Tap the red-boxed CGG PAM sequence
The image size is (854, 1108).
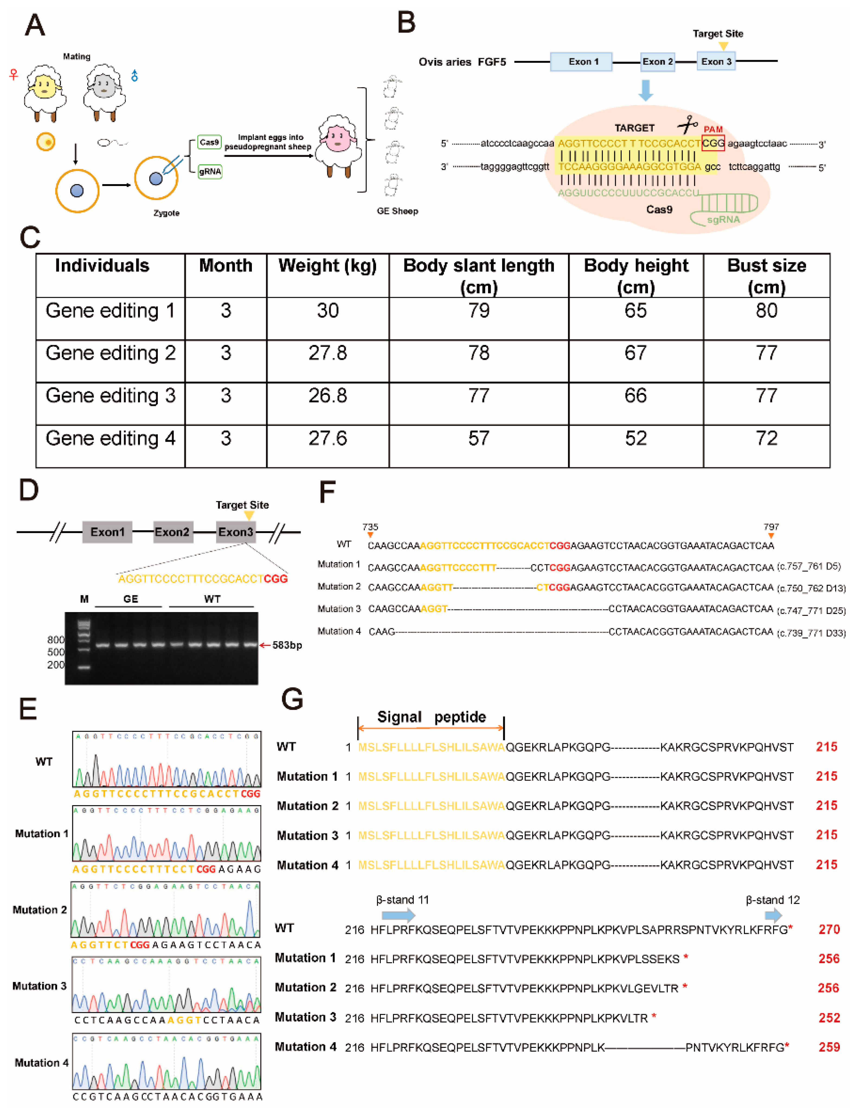point(713,143)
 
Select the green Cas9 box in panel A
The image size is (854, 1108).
point(209,143)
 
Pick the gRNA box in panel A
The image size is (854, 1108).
point(210,171)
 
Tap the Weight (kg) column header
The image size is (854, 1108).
point(328,266)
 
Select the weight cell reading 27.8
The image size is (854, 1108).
point(328,353)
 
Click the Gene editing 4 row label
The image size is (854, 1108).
point(111,438)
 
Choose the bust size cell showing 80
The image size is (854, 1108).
point(766,310)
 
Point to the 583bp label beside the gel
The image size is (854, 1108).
point(287,645)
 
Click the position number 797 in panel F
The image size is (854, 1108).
point(771,527)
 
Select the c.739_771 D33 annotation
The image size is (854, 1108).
point(811,633)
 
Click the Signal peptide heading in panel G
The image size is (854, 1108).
point(431,717)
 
